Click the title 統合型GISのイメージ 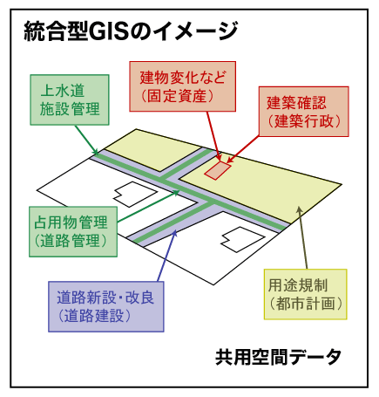131,31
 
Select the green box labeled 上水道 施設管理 70,100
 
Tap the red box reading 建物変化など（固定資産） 182,86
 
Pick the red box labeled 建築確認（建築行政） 304,112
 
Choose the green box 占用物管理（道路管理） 73,232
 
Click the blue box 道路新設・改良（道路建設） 106,306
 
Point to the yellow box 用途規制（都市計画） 306,294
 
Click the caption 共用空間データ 278,357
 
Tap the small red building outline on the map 218,170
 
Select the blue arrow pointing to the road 167,256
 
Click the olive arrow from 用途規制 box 302,238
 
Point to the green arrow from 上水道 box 86,140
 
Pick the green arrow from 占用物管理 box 148,207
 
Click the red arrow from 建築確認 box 243,149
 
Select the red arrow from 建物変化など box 214,136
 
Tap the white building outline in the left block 135,194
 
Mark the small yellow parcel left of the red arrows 154,150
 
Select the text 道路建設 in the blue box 94,316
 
